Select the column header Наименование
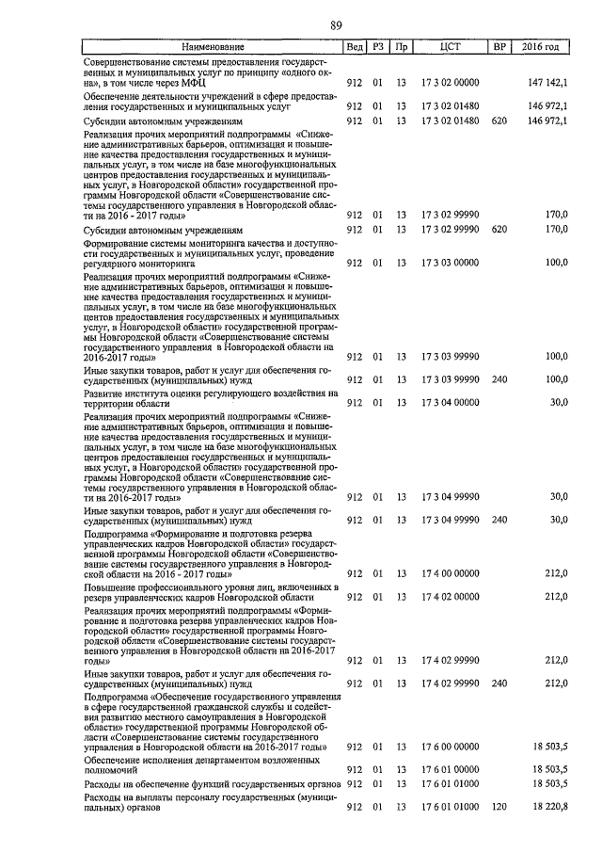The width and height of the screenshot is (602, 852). pos(213,46)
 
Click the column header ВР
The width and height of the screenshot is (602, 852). pos(499,46)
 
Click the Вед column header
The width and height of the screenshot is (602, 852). pos(355,46)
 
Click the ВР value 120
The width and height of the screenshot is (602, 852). pos(499,808)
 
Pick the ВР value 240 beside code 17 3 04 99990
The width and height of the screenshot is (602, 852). pos(499,520)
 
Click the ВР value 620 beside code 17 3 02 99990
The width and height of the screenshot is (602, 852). pos(499,229)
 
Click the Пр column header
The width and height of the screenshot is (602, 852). pos(402,46)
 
